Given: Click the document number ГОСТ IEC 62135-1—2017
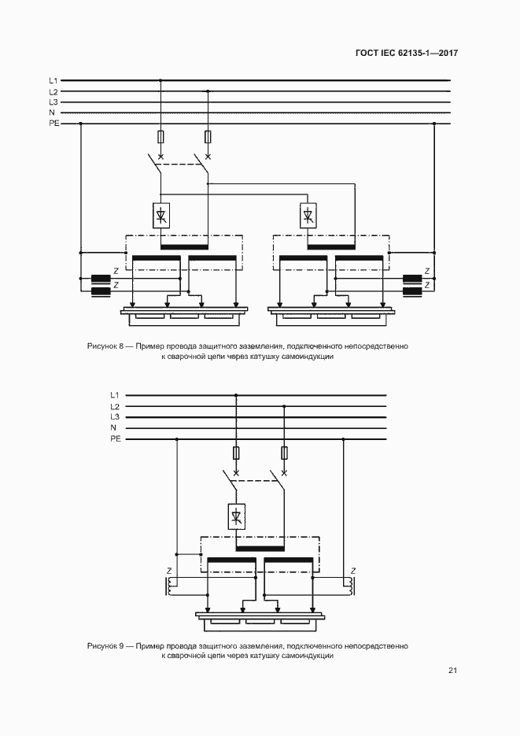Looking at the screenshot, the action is pos(406,53).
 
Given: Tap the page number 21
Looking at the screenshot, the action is pos(452,671).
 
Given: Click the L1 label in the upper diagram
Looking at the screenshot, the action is pos(53,81).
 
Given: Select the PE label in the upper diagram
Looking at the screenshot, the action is pos(54,124).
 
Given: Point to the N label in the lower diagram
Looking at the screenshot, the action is pos(113,427).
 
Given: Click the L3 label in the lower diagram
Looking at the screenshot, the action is pos(115,417).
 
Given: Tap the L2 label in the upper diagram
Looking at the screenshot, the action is pos(53,91).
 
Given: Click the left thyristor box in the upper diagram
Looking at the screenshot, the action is pos(161,216).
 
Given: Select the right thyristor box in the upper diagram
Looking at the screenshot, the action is pos(308,216).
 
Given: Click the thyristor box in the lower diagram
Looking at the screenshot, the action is pos(236,517).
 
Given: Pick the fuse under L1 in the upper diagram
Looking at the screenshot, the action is pos(161,137).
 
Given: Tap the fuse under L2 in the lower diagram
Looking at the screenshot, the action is pos(284,453).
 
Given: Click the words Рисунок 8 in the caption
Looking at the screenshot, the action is pos(105,346).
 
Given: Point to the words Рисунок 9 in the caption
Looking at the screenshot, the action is pos(105,646).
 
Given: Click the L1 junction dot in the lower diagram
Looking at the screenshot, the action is pos(236,395).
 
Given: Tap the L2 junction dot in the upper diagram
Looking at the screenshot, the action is pos(208,91).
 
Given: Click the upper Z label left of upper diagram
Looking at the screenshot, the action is pos(116,271).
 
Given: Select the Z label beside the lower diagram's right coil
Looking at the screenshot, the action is pos(353,571).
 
